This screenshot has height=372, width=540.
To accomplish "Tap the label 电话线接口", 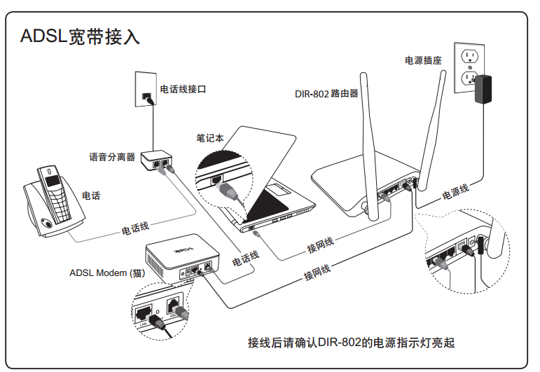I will click(x=183, y=90).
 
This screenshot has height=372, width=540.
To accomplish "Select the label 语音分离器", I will click(x=112, y=157).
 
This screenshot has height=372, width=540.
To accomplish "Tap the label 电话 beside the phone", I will click(x=91, y=196).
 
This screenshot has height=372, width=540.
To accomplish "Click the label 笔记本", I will click(x=211, y=139).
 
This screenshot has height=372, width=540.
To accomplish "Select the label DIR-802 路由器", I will click(x=326, y=92).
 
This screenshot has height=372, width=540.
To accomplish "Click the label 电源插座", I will click(x=423, y=60).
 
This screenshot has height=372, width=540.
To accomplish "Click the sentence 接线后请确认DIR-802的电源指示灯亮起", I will click(x=351, y=343).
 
